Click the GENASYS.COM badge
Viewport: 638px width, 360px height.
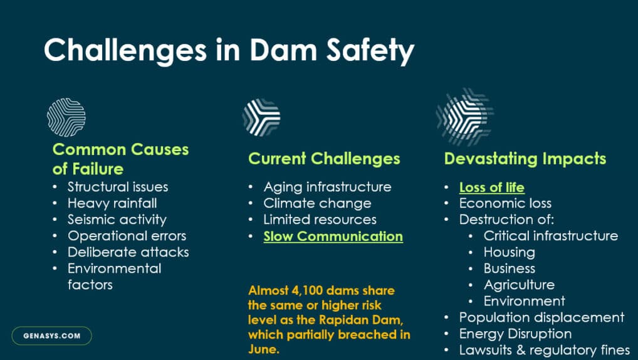click(52, 336)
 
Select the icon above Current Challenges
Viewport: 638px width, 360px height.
click(261, 117)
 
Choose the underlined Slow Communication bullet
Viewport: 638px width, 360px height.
click(333, 236)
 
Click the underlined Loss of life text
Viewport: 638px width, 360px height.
click(491, 188)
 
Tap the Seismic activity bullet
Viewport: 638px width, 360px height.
click(117, 220)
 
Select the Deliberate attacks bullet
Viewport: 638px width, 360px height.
click(128, 252)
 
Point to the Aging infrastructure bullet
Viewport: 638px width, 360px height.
click(327, 187)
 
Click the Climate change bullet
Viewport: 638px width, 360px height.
click(317, 203)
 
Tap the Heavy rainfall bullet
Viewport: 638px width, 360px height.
click(112, 203)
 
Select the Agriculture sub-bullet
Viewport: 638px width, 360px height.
click(518, 285)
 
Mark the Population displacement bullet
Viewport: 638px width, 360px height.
click(541, 317)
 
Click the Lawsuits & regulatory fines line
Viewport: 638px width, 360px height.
click(544, 350)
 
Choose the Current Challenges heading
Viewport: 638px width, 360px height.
click(324, 159)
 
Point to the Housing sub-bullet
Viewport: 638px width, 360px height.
click(509, 252)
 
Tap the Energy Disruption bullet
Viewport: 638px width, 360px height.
click(515, 334)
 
